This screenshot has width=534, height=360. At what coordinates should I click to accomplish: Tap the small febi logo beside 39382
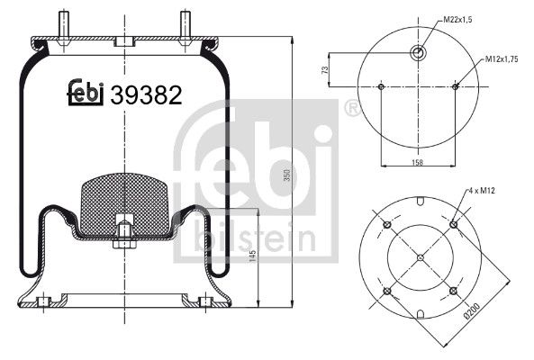click(x=86, y=92)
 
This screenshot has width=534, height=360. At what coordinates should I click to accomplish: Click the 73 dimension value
click(x=323, y=70)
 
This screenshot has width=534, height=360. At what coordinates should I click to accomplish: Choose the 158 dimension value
click(x=418, y=163)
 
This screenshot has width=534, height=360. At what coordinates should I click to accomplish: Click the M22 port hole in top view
click(x=419, y=53)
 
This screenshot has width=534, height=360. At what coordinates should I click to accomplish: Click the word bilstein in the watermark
click(x=252, y=239)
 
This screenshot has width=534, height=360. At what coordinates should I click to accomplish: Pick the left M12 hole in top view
click(x=382, y=87)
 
